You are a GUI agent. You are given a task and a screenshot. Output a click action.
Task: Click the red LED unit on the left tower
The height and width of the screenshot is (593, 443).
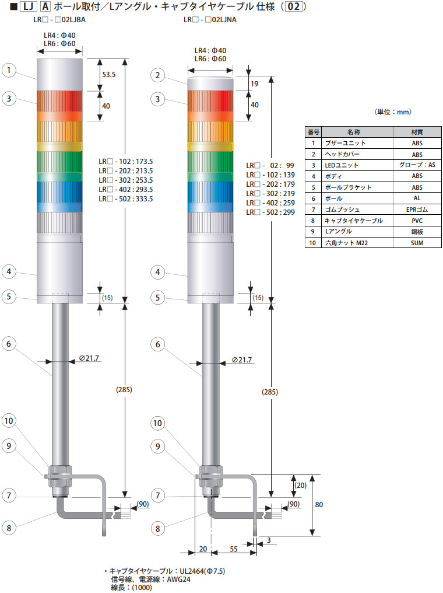pyautogui.click(x=59, y=100)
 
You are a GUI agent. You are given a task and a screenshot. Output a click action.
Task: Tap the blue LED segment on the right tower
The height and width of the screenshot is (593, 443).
pyautogui.click(x=210, y=192)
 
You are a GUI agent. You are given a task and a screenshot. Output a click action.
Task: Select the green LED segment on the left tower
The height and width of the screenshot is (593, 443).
pyautogui.click(x=59, y=162)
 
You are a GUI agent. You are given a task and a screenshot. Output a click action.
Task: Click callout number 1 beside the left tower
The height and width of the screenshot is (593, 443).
pyautogui.click(x=9, y=70)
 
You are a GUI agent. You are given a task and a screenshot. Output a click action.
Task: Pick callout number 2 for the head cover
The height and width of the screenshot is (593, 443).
pyautogui.click(x=158, y=75)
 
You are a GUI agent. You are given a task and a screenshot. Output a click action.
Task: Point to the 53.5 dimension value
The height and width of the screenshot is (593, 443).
pyautogui.click(x=109, y=75)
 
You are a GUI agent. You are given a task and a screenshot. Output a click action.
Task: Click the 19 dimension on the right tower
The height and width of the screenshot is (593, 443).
pyautogui.click(x=255, y=83)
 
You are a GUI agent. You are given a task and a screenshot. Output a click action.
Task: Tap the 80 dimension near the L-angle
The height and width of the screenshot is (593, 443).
pyautogui.click(x=319, y=504)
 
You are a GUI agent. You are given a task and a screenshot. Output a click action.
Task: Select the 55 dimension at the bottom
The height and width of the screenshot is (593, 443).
pyautogui.click(x=234, y=549)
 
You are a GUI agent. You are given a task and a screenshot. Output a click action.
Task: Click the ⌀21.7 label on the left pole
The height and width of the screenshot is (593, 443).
pyautogui.click(x=89, y=358)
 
